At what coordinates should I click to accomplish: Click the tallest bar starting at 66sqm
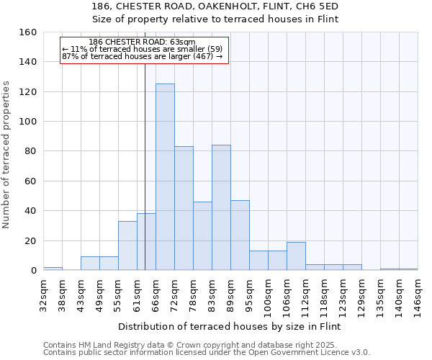165,177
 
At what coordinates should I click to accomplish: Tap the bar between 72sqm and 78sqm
184,208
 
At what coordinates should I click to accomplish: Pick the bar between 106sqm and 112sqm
296,256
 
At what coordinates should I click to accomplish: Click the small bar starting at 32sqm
53,269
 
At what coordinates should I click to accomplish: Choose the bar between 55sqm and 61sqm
127,246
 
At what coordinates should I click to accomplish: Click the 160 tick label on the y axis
28,32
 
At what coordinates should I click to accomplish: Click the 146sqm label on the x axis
418,294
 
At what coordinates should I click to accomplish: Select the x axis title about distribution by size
228,327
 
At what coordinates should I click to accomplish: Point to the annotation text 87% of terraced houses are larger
142,56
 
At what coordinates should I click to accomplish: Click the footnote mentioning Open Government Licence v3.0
207,353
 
